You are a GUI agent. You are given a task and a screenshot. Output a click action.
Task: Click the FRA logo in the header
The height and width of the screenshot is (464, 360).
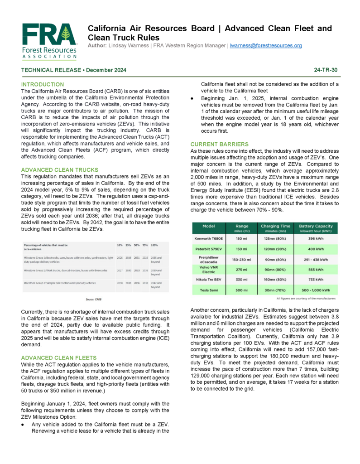(49, 41)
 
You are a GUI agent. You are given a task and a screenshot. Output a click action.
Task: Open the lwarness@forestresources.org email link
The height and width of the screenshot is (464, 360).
(266, 46)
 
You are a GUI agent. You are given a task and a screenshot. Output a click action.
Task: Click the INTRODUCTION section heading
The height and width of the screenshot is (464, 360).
(43, 85)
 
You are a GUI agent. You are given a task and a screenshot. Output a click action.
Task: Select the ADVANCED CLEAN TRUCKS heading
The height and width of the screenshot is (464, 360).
(60, 170)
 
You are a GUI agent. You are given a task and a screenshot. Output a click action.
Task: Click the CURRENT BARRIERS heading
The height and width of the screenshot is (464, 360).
(220, 144)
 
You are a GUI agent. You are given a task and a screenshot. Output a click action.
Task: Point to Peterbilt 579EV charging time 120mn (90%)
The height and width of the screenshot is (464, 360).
(276, 249)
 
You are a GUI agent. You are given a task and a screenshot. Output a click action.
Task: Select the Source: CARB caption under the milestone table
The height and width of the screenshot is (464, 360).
(94, 300)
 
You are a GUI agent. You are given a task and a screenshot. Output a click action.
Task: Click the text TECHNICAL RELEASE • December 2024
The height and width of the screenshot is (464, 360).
(74, 70)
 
